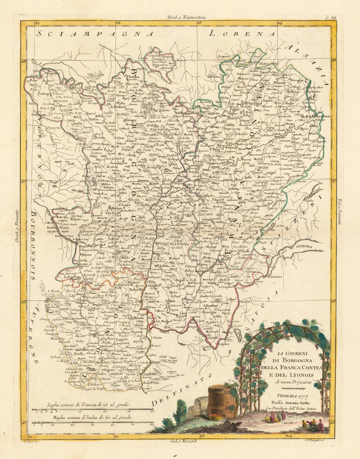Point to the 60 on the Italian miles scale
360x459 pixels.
pyautogui.click(x=151, y=425)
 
